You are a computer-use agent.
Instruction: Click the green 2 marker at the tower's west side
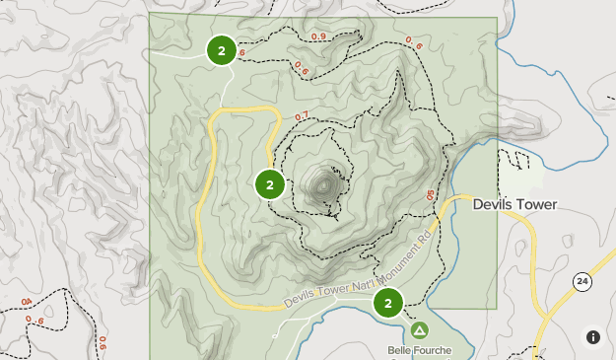point(270,184)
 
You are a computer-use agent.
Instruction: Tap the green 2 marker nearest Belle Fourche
point(388,302)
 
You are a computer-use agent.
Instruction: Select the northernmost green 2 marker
point(222,50)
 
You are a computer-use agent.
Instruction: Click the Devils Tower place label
point(514,205)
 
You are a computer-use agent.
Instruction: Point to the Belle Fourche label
point(420,350)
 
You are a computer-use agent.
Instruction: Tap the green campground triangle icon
point(420,330)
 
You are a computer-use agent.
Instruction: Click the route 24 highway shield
point(583,283)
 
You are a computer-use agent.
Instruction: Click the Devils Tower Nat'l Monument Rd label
point(359,275)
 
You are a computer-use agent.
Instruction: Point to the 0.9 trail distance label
point(318,37)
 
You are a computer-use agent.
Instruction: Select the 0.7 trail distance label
point(302,117)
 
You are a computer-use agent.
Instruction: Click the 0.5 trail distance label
point(430,196)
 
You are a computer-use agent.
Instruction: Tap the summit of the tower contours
point(324,183)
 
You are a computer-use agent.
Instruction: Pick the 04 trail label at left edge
point(26,301)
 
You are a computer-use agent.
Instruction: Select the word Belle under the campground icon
point(400,350)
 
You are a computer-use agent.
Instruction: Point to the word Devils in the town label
point(492,205)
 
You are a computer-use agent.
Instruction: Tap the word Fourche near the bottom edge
point(435,350)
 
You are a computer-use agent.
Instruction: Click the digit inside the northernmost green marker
point(222,50)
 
